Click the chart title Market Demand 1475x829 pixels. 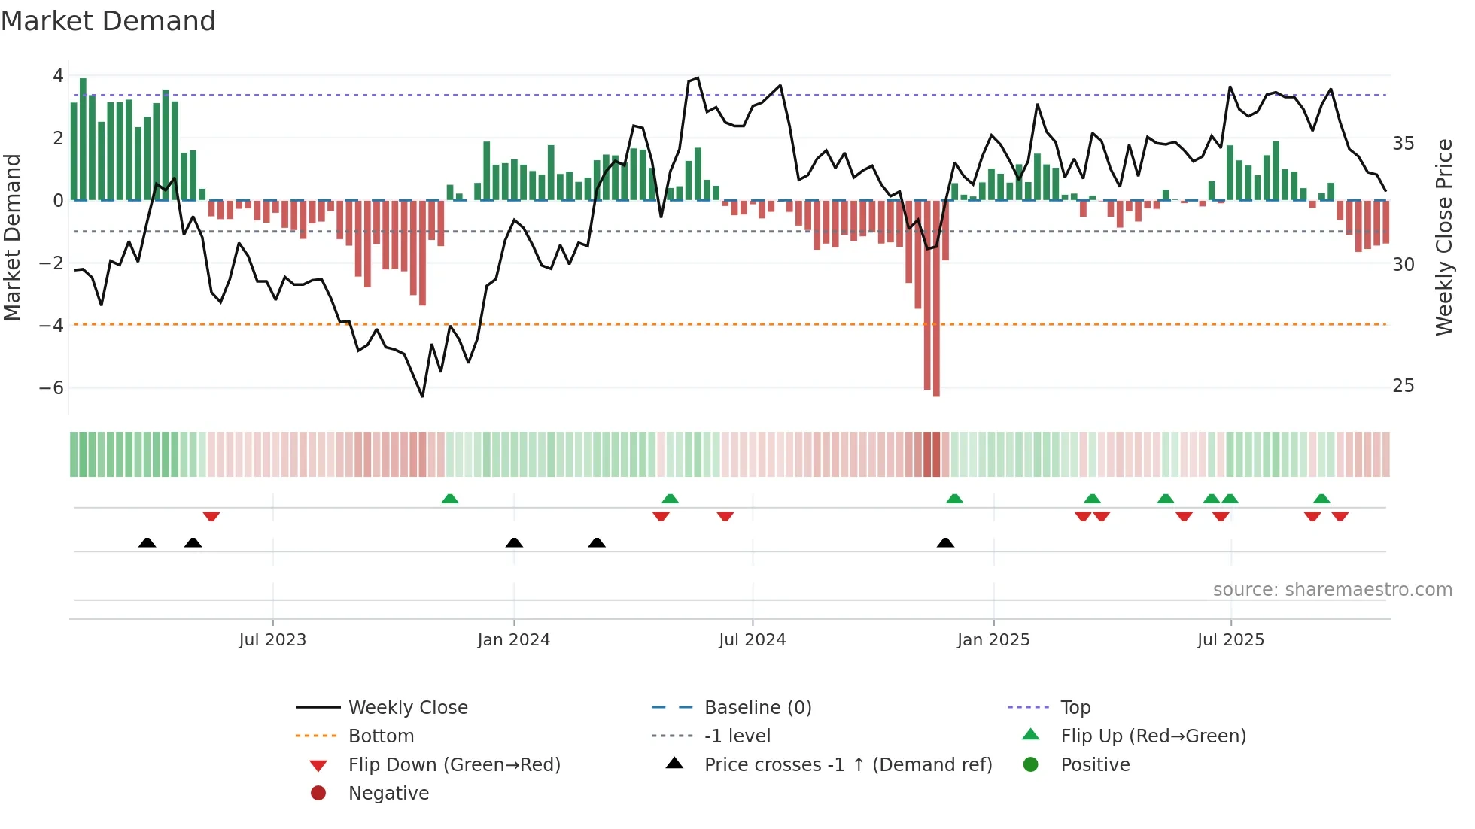tap(108, 21)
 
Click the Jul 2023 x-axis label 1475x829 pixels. tap(272, 640)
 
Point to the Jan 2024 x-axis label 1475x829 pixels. tap(514, 640)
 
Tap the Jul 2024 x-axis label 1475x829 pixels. tap(753, 640)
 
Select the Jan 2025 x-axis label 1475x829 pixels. tap(993, 640)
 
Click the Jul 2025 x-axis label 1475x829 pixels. tap(1231, 640)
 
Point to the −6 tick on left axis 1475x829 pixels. tap(51, 388)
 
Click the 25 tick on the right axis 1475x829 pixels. tap(1404, 386)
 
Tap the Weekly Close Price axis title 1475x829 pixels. tap(1443, 237)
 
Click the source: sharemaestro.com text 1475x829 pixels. tap(1332, 590)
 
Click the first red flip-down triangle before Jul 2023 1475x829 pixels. tap(211, 516)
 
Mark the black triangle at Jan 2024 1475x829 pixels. tap(514, 542)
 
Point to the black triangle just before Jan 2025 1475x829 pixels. tap(945, 542)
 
